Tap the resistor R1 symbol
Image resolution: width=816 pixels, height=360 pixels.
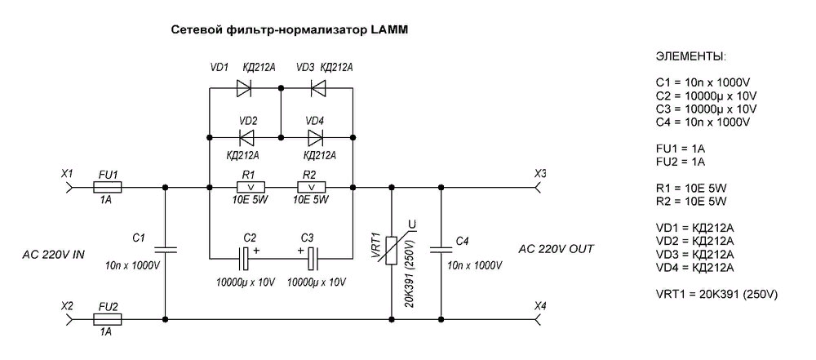(x=248, y=187)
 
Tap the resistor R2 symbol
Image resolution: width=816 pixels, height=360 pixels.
(x=309, y=187)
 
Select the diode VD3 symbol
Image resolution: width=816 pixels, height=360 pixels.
(x=317, y=86)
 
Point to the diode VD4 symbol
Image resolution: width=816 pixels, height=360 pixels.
(x=316, y=136)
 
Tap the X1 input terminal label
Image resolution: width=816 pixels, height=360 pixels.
(x=68, y=173)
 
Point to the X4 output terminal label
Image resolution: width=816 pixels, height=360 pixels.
(x=540, y=305)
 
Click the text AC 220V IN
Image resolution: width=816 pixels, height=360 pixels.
(x=54, y=256)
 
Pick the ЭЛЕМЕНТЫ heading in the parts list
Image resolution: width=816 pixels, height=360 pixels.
(x=690, y=59)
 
